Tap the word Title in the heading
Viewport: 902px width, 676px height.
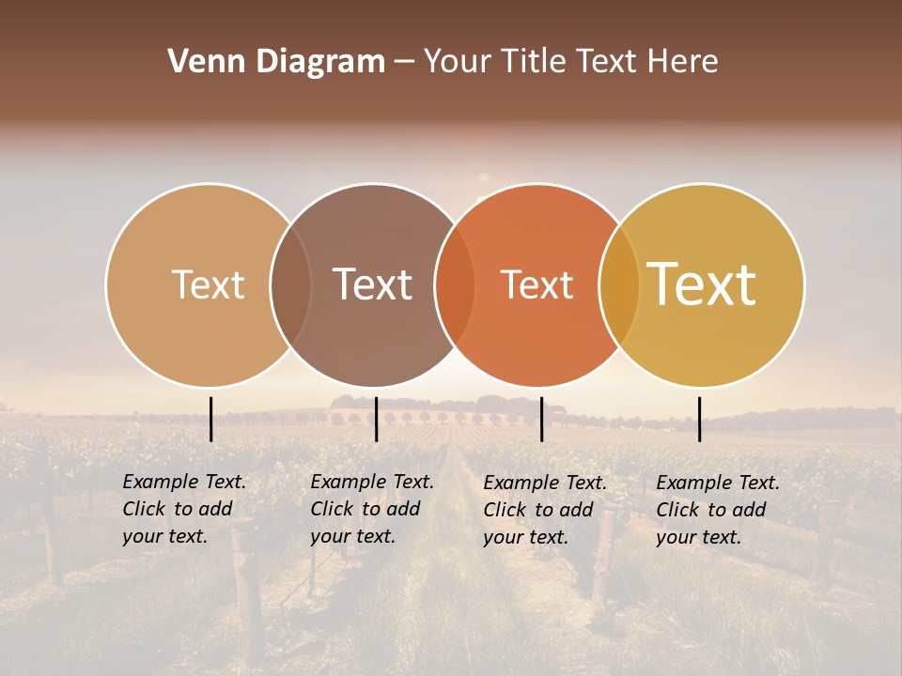pyautogui.click(x=533, y=62)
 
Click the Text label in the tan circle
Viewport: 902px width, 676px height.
pyautogui.click(x=208, y=284)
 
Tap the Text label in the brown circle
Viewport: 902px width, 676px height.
pyautogui.click(x=373, y=284)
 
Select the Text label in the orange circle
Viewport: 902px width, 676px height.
pyautogui.click(x=537, y=284)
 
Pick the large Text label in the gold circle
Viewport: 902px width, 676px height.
pyautogui.click(x=702, y=284)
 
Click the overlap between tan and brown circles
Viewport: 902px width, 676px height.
pyautogui.click(x=290, y=284)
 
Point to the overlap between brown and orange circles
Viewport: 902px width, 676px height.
pyautogui.click(x=455, y=284)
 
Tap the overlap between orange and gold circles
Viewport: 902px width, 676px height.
pyautogui.click(x=619, y=284)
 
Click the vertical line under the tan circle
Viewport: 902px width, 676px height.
pyautogui.click(x=211, y=419)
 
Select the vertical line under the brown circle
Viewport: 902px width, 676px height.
pyautogui.click(x=376, y=419)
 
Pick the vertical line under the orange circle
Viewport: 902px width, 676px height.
pyautogui.click(x=542, y=419)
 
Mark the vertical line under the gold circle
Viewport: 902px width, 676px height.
pyautogui.click(x=700, y=419)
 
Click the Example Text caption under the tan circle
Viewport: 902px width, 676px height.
pyautogui.click(x=183, y=509)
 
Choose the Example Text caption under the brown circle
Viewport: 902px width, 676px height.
pyautogui.click(x=371, y=509)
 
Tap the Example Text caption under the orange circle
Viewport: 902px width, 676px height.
pyautogui.click(x=544, y=510)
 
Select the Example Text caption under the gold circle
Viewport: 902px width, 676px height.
pyautogui.click(x=717, y=510)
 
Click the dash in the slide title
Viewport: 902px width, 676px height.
pyautogui.click(x=404, y=62)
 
